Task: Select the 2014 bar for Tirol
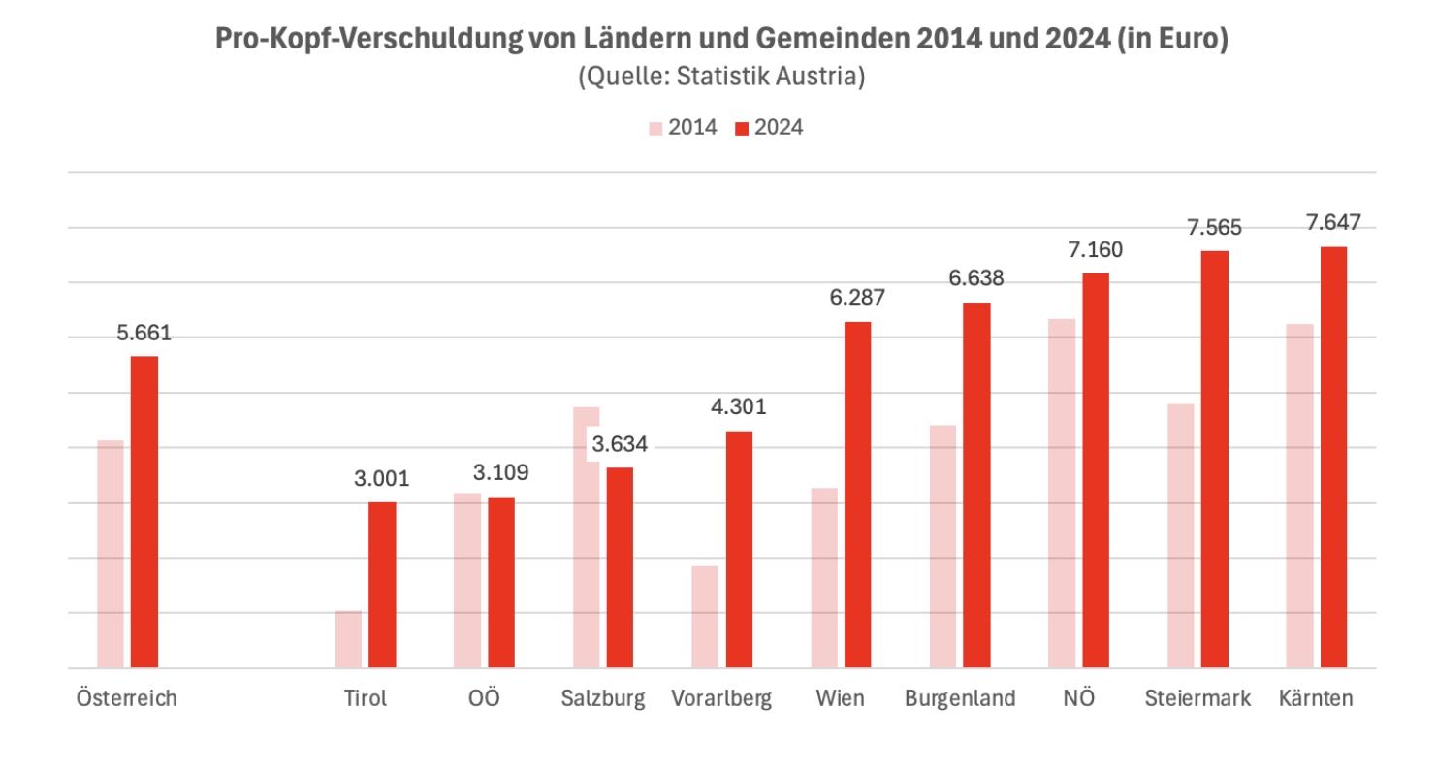click(x=348, y=639)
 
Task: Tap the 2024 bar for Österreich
click(x=144, y=512)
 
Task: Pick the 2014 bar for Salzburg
click(x=587, y=538)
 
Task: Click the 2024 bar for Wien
click(x=857, y=495)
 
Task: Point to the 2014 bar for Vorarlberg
click(x=705, y=617)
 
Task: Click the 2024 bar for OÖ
click(x=501, y=582)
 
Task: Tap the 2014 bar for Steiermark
click(x=1181, y=535)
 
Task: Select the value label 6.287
click(x=857, y=297)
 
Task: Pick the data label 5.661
click(x=144, y=333)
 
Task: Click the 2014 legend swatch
click(x=655, y=127)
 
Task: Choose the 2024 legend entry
click(x=768, y=127)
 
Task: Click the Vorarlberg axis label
click(x=721, y=699)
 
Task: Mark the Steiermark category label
click(x=1197, y=699)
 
